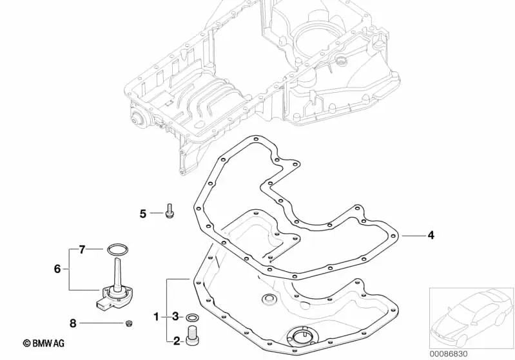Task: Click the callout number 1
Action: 157,317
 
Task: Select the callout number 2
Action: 177,341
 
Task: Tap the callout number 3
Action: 175,317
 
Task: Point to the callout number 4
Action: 431,235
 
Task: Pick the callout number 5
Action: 143,214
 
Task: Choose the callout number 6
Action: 57,269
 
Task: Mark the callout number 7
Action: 82,250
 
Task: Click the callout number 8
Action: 73,323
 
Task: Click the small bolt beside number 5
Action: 170,210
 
